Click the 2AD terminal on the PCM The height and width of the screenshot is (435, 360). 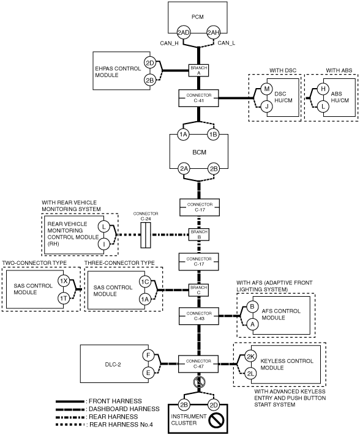pos(184,33)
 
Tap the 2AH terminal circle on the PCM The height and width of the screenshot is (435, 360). pos(214,33)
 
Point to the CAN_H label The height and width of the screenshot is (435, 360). pos(169,43)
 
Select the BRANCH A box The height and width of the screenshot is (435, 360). pos(199,70)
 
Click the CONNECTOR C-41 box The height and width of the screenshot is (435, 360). pos(199,98)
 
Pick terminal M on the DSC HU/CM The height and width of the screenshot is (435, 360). pos(267,89)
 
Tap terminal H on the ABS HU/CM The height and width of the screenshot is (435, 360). pos(323,89)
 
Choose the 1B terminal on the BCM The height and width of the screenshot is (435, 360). pos(213,135)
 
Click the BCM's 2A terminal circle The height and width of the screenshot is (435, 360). pos(184,169)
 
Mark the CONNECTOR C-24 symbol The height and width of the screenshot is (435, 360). pos(146,235)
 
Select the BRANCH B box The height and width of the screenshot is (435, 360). pos(199,234)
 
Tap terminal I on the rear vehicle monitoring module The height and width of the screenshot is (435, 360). pos(104,244)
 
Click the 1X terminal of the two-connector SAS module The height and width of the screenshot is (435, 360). pos(64,281)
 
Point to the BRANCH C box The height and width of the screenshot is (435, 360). pos(199,290)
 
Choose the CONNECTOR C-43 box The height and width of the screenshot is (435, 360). pos(199,316)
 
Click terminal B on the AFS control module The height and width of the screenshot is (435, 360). pos(252,307)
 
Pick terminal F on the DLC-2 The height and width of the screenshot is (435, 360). pos(148,355)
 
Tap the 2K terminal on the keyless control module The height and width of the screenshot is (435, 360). pos(250,357)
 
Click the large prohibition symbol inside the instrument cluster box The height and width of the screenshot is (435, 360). pos(216,420)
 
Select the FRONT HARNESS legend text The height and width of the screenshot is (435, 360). pos(115,401)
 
